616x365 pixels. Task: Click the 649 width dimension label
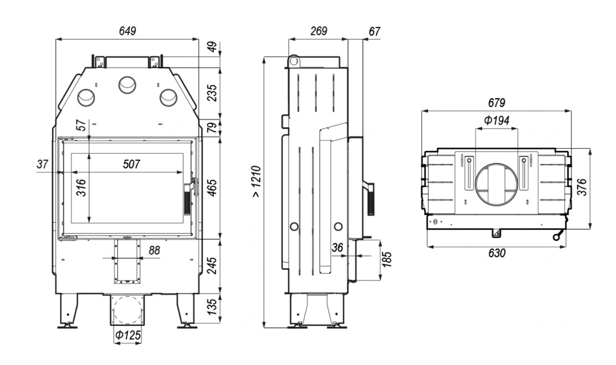click(128, 31)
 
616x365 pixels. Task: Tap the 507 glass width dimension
click(131, 164)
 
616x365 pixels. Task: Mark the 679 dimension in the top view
click(496, 103)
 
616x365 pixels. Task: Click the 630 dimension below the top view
click(496, 253)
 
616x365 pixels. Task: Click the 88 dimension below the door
click(154, 251)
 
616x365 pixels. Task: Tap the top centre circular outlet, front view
click(128, 83)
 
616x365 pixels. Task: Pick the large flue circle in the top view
click(497, 184)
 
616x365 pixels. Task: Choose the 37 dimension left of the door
click(42, 164)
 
